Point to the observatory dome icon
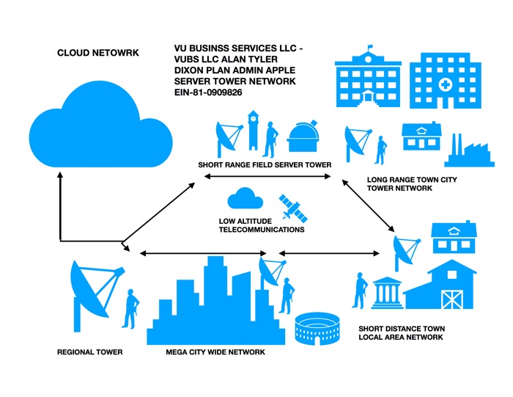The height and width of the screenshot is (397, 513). pos(303,137)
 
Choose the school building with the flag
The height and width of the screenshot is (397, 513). pos(369,81)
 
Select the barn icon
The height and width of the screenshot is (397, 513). pos(440,286)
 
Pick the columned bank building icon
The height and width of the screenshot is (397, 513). pos(386,292)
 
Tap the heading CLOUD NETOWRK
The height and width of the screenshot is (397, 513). pos(98,54)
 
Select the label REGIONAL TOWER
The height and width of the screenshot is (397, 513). pos(89,352)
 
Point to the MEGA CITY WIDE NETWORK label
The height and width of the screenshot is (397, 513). pos(215,352)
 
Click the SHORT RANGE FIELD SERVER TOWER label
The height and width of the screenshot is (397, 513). pos(265,164)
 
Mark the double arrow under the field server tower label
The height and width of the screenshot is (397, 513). pos(268,177)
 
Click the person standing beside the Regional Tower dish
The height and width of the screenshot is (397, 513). pos(133,307)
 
